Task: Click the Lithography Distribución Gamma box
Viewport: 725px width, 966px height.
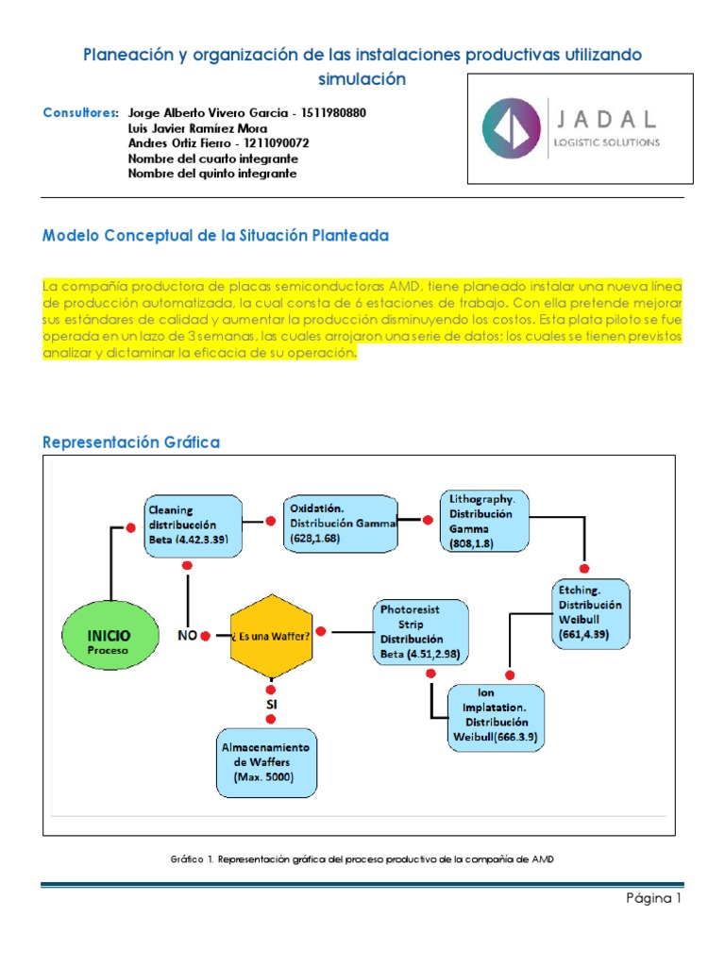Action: (x=484, y=520)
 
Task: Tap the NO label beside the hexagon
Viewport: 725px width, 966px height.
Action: (x=188, y=635)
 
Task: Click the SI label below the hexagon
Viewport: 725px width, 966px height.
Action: (x=270, y=704)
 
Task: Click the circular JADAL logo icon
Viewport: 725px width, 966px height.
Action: (x=512, y=128)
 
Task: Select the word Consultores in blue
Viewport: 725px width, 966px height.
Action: (x=80, y=113)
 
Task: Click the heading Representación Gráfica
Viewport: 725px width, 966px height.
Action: (x=131, y=441)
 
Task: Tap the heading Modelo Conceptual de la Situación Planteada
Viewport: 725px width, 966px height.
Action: (x=215, y=236)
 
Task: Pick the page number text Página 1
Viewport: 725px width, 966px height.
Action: (x=653, y=898)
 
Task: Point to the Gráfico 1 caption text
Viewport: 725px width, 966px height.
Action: (x=362, y=858)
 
